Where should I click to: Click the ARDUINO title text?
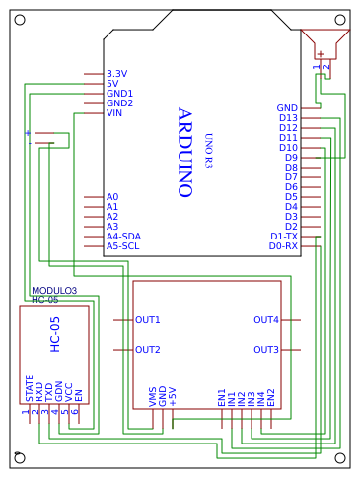point(183,153)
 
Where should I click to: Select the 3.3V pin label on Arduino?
point(116,74)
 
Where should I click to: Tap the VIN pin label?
point(114,113)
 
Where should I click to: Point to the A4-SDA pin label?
point(123,237)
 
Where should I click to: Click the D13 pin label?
point(288,118)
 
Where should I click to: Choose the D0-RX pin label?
point(283,246)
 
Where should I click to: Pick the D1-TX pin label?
point(283,237)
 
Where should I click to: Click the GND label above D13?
point(287,108)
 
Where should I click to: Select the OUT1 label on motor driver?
point(148,320)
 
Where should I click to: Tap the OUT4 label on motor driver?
point(266,320)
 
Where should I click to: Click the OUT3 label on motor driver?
point(266,350)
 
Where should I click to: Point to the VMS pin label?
point(153,396)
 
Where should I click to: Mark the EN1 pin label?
point(222,396)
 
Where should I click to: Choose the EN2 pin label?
point(271,396)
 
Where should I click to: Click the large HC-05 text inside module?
point(55,334)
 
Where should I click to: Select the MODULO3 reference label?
point(54,291)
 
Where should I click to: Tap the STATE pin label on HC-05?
point(30,387)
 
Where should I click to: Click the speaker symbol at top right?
point(325,44)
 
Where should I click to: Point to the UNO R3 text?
point(208,150)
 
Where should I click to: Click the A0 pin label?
point(112,197)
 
